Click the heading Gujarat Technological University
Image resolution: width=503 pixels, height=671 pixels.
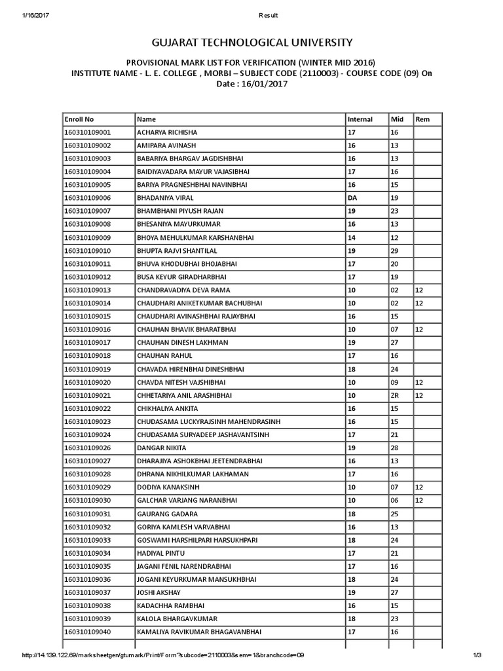[x=251, y=43]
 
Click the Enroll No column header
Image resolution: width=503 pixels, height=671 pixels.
[x=79, y=119]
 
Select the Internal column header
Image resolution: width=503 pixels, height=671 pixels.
[x=360, y=119]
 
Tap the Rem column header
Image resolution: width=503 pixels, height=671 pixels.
[x=422, y=119]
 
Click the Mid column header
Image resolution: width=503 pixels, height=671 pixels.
[x=396, y=119]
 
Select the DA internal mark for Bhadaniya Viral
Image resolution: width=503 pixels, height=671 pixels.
[x=352, y=198]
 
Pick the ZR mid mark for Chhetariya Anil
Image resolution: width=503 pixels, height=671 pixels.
[x=395, y=395]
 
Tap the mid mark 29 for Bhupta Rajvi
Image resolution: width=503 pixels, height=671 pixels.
[x=394, y=250]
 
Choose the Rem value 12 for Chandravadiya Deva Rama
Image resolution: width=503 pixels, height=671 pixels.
[x=420, y=290]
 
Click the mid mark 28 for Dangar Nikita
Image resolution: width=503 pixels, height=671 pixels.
[x=394, y=448]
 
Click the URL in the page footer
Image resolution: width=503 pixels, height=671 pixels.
[x=164, y=655]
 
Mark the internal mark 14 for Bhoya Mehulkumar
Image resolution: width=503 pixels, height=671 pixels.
[x=352, y=237]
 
